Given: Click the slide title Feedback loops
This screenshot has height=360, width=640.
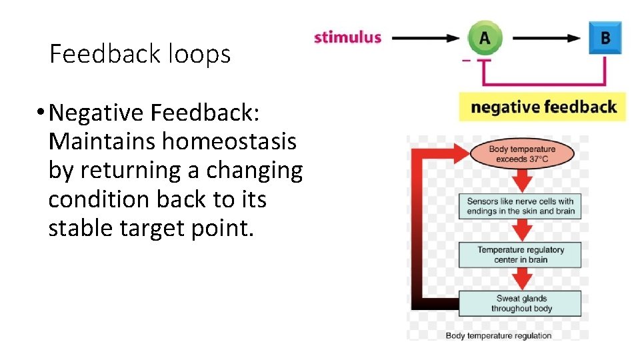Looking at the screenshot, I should [x=140, y=54].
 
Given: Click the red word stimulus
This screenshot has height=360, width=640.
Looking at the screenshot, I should [x=347, y=37].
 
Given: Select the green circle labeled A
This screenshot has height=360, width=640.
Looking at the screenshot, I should [x=484, y=37].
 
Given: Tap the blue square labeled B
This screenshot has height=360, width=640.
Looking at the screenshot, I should [x=605, y=37].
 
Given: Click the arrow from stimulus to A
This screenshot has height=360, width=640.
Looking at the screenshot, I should [x=427, y=38].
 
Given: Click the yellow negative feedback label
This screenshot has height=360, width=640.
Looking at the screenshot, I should [x=543, y=107].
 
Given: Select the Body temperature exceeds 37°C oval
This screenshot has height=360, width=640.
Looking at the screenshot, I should [x=521, y=154].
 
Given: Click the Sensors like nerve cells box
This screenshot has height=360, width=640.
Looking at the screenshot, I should [x=520, y=206].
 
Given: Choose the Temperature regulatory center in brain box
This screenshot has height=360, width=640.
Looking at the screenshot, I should [x=520, y=255].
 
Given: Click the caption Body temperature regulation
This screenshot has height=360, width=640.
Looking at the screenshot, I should [x=498, y=335].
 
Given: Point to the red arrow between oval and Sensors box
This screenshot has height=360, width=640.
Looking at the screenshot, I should [x=522, y=180].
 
